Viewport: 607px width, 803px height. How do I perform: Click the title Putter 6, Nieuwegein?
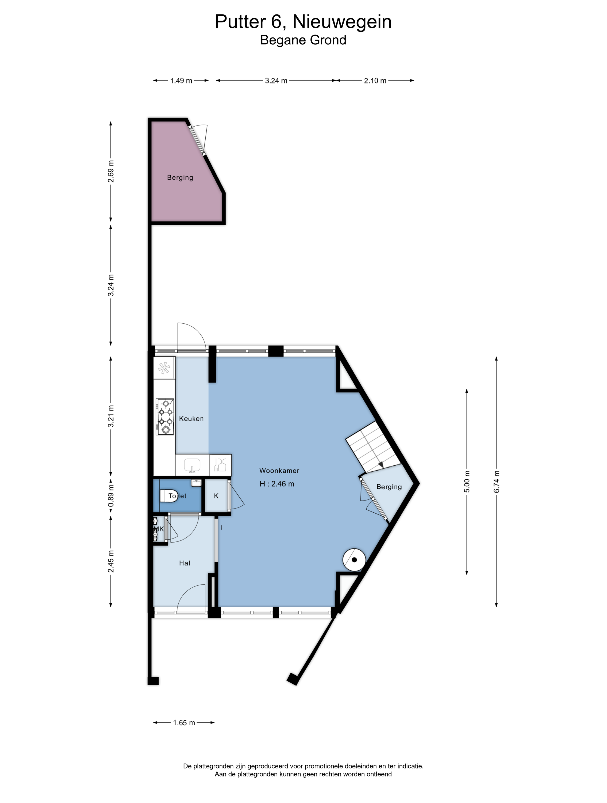[303, 22]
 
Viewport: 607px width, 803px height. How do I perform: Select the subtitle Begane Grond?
[303, 40]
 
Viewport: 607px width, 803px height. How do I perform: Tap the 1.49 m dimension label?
[181, 81]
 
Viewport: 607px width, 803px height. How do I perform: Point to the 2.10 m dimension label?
[375, 81]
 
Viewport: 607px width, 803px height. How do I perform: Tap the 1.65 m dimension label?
[184, 723]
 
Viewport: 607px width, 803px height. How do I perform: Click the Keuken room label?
[191, 419]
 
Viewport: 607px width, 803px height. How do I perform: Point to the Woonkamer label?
[279, 471]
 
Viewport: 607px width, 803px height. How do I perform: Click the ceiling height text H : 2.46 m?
[277, 484]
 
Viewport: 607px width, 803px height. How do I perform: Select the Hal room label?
[185, 563]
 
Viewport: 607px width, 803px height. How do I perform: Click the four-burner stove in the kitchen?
[165, 417]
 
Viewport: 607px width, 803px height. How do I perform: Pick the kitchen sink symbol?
[192, 465]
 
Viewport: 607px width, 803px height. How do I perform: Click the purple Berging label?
[180, 177]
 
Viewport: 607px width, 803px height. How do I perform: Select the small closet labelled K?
[216, 496]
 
